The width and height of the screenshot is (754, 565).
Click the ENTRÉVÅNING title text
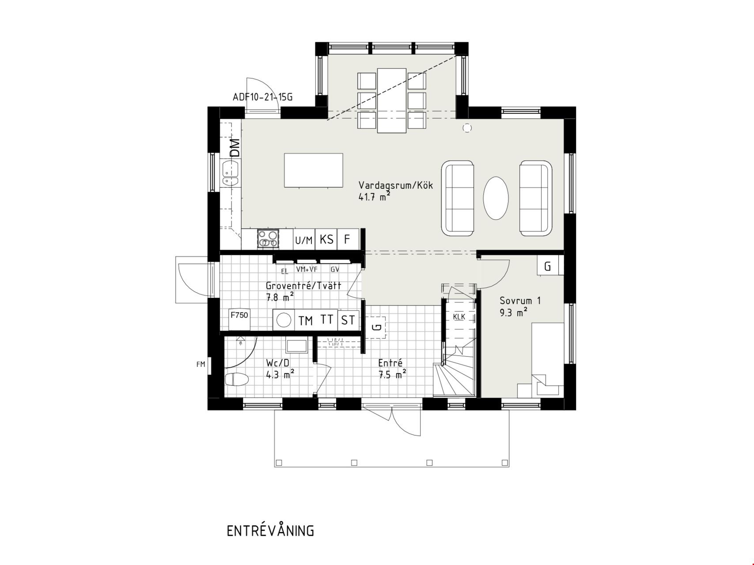(x=270, y=531)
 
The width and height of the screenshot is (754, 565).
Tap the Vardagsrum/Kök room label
(x=396, y=185)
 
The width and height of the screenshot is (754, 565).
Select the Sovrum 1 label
(x=520, y=301)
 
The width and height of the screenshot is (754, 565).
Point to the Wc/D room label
(x=277, y=363)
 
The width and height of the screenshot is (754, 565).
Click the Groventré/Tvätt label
(x=303, y=286)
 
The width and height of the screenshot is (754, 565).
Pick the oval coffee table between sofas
(x=496, y=198)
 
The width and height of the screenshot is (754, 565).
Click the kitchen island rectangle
(x=314, y=170)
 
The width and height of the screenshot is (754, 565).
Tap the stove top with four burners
(x=268, y=239)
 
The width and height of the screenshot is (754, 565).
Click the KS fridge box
(x=326, y=239)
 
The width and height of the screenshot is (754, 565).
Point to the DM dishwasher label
(x=235, y=148)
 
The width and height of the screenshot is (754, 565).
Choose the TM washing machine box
(x=305, y=320)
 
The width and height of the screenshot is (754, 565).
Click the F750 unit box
(x=239, y=319)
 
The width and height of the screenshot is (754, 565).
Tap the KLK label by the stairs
(x=459, y=317)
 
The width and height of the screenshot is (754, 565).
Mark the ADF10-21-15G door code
(x=262, y=97)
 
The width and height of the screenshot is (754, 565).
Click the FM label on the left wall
(x=201, y=365)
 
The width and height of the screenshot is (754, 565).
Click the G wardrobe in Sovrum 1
(x=548, y=266)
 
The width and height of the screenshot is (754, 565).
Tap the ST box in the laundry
(x=348, y=320)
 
